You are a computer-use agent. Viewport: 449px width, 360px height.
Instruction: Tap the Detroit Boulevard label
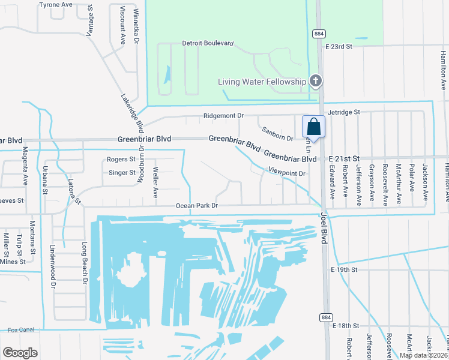[x=208, y=44]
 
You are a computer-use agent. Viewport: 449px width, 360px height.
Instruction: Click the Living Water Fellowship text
[x=262, y=82]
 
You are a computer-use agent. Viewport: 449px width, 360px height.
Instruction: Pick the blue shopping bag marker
[x=313, y=127]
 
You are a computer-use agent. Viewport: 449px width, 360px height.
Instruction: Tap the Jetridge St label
[x=343, y=112]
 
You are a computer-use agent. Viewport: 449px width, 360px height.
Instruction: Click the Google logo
[x=20, y=352]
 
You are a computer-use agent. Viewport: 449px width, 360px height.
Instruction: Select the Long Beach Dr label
[x=85, y=263]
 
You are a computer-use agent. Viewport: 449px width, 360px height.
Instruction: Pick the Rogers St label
[x=121, y=159]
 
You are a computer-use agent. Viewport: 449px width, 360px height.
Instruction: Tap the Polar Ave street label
[x=412, y=177]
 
